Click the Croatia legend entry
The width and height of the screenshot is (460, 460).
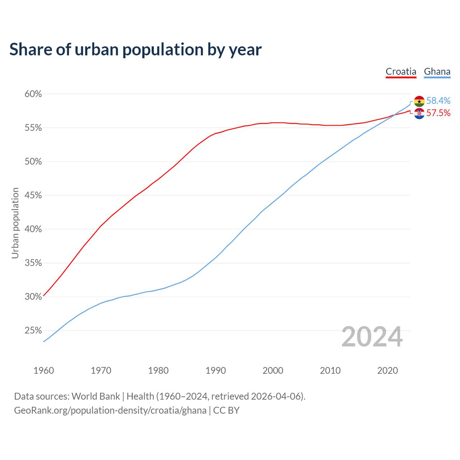pyautogui.click(x=401, y=72)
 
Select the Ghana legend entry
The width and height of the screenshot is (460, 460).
pyautogui.click(x=437, y=72)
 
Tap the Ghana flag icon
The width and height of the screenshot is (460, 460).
pyautogui.click(x=419, y=101)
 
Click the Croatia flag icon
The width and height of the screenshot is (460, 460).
pyautogui.click(x=419, y=114)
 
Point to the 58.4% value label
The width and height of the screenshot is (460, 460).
pyautogui.click(x=438, y=101)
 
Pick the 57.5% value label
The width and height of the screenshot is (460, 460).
pyautogui.click(x=438, y=113)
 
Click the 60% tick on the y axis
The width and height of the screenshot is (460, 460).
pyautogui.click(x=33, y=94)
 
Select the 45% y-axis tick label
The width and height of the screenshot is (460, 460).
pyautogui.click(x=33, y=195)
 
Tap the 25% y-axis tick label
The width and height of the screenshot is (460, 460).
pyautogui.click(x=33, y=331)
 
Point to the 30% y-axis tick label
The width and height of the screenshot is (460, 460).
pyautogui.click(x=33, y=297)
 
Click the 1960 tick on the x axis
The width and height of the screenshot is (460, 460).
pyautogui.click(x=43, y=371)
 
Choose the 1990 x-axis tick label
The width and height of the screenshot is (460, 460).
pyautogui.click(x=216, y=371)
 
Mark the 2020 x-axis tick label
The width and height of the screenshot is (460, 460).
pyautogui.click(x=387, y=371)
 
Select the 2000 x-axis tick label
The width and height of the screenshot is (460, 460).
pyautogui.click(x=273, y=371)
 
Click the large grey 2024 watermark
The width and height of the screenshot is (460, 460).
pyautogui.click(x=372, y=337)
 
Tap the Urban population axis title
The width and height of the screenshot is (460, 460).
pyautogui.click(x=15, y=223)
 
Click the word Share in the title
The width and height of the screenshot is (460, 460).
pyautogui.click(x=30, y=50)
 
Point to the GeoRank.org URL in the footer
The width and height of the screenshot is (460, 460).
pyautogui.click(x=110, y=410)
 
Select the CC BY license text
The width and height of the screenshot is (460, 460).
pyautogui.click(x=226, y=410)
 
